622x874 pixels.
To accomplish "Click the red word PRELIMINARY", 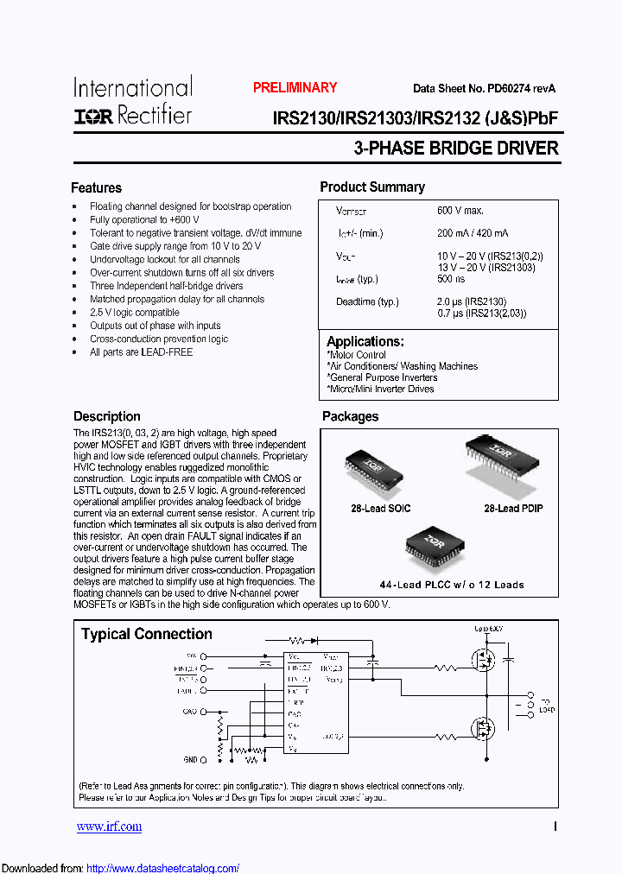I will pyautogui.click(x=295, y=87).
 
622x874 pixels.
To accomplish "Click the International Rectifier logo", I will pyautogui.click(x=132, y=101).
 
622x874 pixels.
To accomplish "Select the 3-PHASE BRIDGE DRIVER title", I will pyautogui.click(x=456, y=148).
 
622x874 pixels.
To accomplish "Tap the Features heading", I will pyautogui.click(x=96, y=187).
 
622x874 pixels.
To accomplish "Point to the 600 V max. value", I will pyautogui.click(x=460, y=211).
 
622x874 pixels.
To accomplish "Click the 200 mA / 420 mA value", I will pyautogui.click(x=473, y=233).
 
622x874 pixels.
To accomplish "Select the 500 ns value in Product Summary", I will pyautogui.click(x=450, y=279).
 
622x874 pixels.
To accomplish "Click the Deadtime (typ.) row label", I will pyautogui.click(x=367, y=301).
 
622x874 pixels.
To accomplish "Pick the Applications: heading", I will pyautogui.click(x=365, y=341).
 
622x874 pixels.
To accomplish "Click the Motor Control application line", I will pyautogui.click(x=357, y=355).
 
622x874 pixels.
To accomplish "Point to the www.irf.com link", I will pyautogui.click(x=109, y=826).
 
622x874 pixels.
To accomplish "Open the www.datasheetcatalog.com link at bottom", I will pyautogui.click(x=163, y=868).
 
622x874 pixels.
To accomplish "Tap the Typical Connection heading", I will pyautogui.click(x=146, y=634).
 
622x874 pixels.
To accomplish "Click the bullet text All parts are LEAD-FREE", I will pyautogui.click(x=141, y=352).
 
